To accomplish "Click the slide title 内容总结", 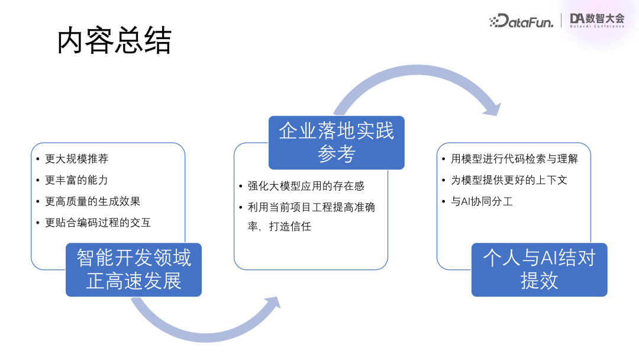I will coord(114,42).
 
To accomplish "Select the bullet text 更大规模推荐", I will coord(77,159).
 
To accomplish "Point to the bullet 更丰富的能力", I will coord(76,180).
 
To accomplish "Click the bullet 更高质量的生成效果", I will coord(92,201).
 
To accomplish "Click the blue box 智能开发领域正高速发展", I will coord(134,269).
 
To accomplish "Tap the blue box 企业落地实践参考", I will coord(336,142).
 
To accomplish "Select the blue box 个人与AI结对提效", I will coord(539,269).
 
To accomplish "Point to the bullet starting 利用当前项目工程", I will coord(311,207).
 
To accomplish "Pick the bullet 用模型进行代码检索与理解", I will coord(514,159).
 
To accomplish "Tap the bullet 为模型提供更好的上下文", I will coord(509,180).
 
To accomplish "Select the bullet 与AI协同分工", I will coord(482,201).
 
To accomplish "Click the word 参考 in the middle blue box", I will coord(336,155).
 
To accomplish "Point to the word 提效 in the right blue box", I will coord(539,281).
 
